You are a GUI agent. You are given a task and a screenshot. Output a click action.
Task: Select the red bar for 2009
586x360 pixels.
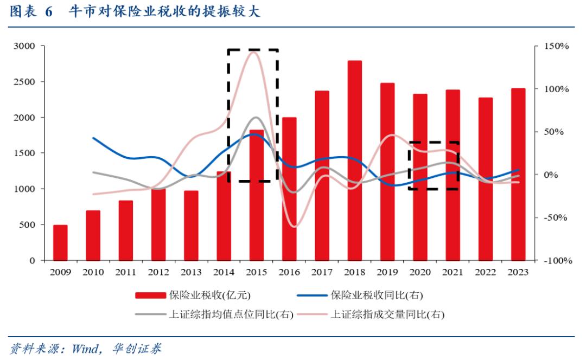pyautogui.click(x=60, y=242)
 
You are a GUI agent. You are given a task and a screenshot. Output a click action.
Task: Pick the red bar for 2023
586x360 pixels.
pyautogui.click(x=518, y=174)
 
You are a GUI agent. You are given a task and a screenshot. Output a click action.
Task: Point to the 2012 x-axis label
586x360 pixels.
pyautogui.click(x=158, y=272)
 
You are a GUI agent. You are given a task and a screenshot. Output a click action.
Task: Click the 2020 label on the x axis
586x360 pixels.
pyautogui.click(x=420, y=272)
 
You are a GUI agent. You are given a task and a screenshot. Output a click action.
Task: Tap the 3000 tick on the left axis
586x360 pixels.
pyautogui.click(x=24, y=47)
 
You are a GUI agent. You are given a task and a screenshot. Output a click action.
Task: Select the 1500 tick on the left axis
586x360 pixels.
pyautogui.click(x=24, y=153)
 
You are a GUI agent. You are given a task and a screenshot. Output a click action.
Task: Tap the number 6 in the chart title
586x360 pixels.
pyautogui.click(x=49, y=12)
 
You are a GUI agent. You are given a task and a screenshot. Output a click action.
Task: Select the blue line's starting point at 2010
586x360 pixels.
pyautogui.click(x=93, y=138)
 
